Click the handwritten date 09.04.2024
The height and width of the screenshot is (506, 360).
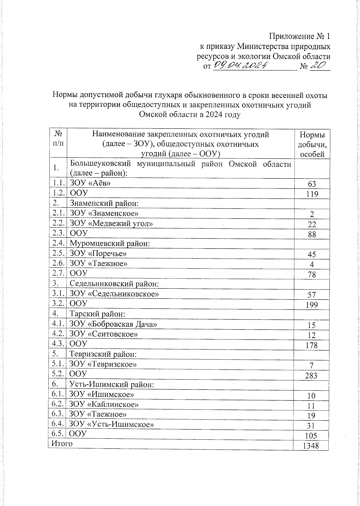pos(240,65)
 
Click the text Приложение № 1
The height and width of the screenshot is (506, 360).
pos(299,37)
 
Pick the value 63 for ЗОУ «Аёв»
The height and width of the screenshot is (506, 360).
pos(312,184)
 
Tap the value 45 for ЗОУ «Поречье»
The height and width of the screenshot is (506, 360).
pos(312,255)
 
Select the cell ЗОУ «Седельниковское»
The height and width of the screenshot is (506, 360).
pos(114,294)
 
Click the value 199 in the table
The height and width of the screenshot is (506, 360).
pos(312,305)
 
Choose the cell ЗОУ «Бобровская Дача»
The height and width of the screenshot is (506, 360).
pos(113,324)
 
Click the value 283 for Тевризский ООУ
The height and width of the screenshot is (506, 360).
pos(311,375)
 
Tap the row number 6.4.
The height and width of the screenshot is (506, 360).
pos(58,424)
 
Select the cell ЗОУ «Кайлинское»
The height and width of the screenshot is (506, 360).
pos(104,404)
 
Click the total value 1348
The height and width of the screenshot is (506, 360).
pos(311,446)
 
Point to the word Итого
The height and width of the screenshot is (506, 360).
pos(62,444)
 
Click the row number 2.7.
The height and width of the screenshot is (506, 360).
pos(58,273)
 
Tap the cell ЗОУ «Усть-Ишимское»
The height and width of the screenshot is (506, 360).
pos(112,424)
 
